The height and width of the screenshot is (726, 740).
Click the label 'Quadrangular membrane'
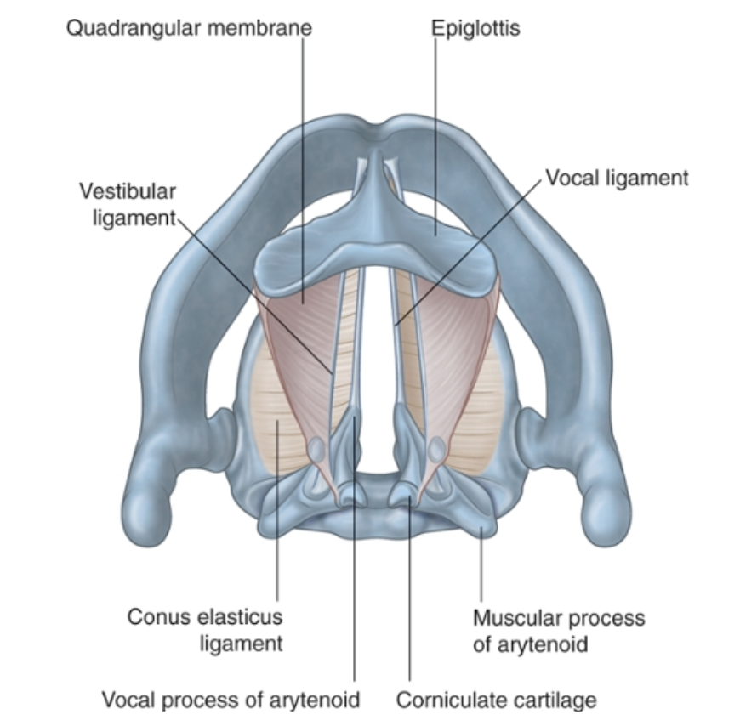pos(189,28)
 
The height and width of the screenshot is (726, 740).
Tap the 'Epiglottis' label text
pos(475,28)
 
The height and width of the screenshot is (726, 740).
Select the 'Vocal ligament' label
pos(617,179)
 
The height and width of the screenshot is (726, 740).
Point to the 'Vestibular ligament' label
pos(128,204)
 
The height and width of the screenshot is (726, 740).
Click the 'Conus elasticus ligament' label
pos(204,630)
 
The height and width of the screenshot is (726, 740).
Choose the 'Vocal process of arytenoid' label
pos(231,700)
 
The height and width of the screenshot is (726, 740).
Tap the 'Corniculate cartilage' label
pos(496,700)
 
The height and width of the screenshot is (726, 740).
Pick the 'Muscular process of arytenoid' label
pos(558,630)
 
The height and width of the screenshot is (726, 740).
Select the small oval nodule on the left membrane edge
pos(316,448)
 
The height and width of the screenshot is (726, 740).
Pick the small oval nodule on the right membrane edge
pos(437,448)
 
